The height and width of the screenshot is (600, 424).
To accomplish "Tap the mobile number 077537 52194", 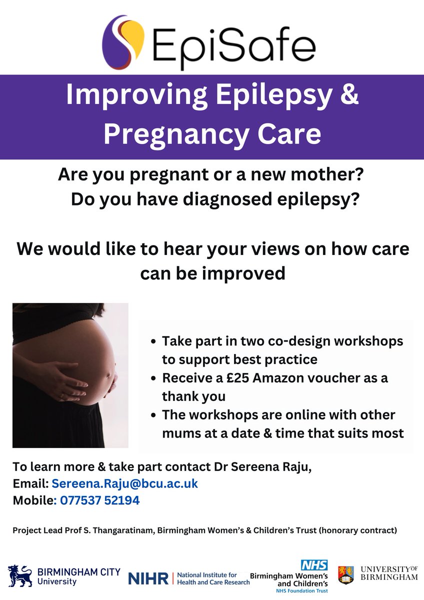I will pyautogui.click(x=99, y=500).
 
